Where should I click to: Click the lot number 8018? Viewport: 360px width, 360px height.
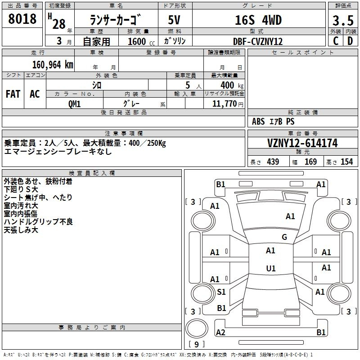point(22,18)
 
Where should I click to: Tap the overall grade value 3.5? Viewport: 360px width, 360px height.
point(343,20)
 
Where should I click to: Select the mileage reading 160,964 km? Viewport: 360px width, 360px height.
point(53,65)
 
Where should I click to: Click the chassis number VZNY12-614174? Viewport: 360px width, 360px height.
point(302,143)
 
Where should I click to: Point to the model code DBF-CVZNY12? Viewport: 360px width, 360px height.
point(257,41)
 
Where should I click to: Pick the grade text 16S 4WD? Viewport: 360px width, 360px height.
point(258,20)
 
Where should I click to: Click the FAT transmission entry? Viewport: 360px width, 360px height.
point(13,94)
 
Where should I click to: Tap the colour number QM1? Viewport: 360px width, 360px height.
point(74,104)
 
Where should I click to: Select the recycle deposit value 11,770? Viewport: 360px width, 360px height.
point(224,104)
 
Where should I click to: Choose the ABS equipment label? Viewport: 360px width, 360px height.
point(258,121)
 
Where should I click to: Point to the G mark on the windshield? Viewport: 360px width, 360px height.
point(284,237)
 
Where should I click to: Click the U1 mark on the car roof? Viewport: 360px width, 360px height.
point(271,268)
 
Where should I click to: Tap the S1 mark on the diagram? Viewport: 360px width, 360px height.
point(221,292)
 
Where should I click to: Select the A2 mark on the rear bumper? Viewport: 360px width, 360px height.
point(220,332)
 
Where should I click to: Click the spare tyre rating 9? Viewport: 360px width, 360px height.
point(197,344)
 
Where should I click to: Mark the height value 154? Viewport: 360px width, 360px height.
point(346,162)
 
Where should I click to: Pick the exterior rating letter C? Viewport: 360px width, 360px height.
point(336,41)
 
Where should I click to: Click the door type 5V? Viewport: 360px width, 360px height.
point(174,20)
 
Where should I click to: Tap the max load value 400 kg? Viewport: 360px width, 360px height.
point(232,85)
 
